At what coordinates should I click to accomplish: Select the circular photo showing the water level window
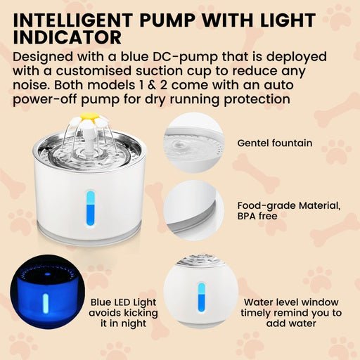[198, 292]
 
